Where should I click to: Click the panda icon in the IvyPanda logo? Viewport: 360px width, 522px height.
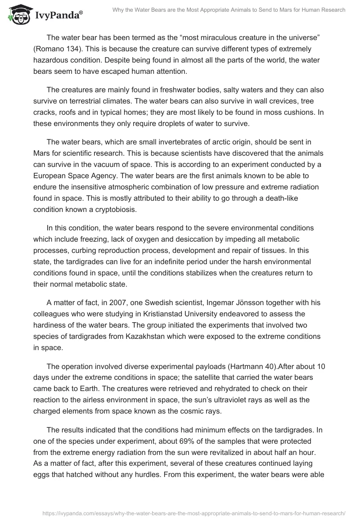tap(18, 16)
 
